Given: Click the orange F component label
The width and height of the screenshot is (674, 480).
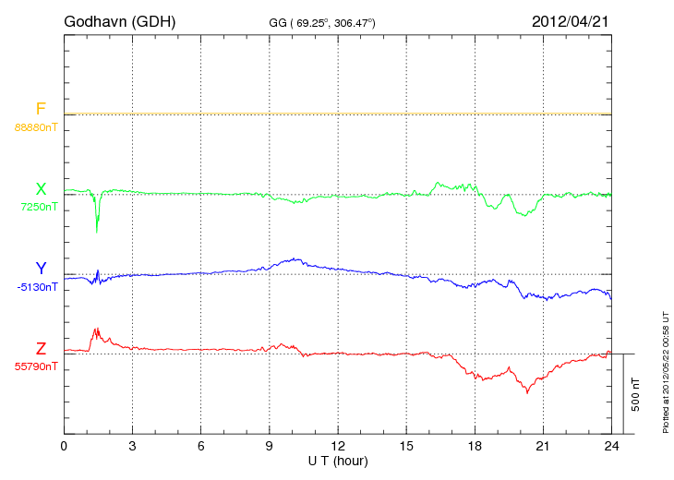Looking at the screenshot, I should [41, 109].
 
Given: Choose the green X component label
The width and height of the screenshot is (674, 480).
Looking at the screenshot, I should [41, 189].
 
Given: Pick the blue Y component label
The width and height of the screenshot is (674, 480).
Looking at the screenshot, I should [41, 269].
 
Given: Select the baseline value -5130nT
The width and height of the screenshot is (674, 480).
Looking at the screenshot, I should [37, 287].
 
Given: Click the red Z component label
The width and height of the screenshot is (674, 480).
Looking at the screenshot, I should [41, 348].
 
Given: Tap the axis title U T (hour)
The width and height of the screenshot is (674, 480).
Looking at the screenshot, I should [337, 460].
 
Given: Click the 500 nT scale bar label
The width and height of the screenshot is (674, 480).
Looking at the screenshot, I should [636, 393].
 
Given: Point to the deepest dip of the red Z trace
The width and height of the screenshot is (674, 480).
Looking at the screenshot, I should [527, 392].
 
